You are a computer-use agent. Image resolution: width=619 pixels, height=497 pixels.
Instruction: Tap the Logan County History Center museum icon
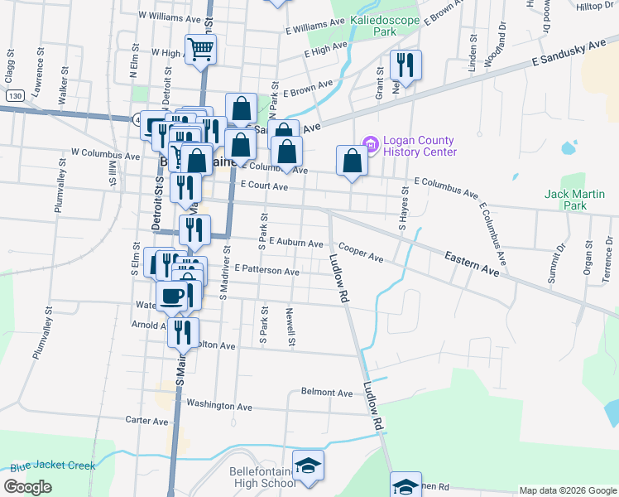coord(370,146)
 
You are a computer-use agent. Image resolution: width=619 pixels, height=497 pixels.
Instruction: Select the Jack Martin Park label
coord(574,200)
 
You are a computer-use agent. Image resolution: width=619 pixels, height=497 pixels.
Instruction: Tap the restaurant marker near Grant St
coord(405,65)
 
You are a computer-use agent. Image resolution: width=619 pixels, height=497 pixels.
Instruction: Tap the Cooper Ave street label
coord(360,253)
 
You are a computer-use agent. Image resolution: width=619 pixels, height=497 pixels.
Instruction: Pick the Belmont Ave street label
coord(327,392)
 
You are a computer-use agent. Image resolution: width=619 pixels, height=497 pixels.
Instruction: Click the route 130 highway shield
coord(13,96)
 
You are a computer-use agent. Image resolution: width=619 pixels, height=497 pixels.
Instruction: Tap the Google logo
coord(28,487)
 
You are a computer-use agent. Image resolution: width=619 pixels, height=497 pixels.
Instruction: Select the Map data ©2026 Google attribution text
coord(567,490)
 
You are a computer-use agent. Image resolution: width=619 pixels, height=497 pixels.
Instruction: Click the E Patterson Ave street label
coord(266,270)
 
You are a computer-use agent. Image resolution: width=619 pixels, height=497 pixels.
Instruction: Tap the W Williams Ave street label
coord(170,16)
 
